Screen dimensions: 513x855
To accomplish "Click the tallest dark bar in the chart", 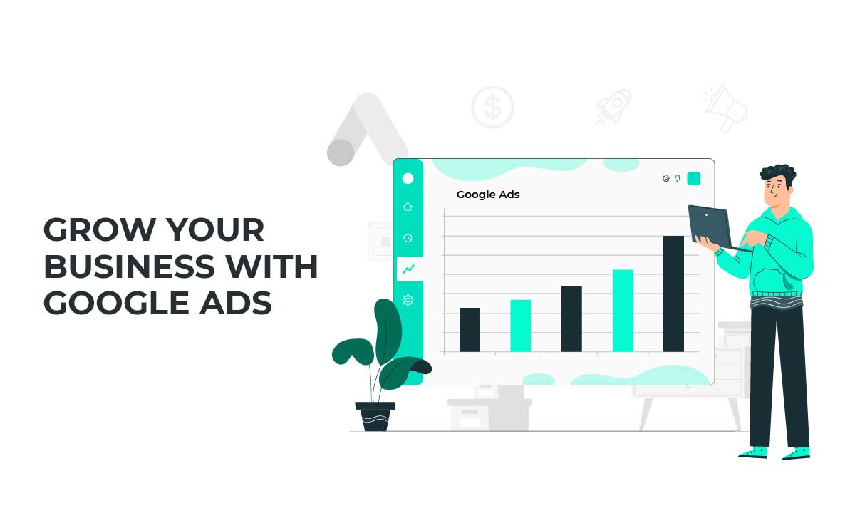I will pyautogui.click(x=673, y=293).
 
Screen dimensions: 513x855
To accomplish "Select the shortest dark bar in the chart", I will pyautogui.click(x=470, y=329).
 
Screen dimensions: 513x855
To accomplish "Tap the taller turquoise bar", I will pyautogui.click(x=623, y=310).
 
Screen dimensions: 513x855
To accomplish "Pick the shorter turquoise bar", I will pyautogui.click(x=520, y=325).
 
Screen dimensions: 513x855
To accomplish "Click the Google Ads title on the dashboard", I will pyautogui.click(x=488, y=195).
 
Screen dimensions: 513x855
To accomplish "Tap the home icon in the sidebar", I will pyautogui.click(x=408, y=207).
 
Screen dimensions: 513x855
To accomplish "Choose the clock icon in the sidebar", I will pyautogui.click(x=408, y=238).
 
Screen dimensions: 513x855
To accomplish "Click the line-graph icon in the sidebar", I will pyautogui.click(x=408, y=269).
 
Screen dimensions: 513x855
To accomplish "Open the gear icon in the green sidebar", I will pyautogui.click(x=408, y=300).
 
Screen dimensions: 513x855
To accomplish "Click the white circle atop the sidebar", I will pyautogui.click(x=408, y=178).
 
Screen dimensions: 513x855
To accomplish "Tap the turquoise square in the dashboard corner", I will pyautogui.click(x=693, y=178).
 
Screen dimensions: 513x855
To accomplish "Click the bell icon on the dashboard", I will pyautogui.click(x=678, y=178).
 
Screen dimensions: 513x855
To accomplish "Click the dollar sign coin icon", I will pyautogui.click(x=492, y=108).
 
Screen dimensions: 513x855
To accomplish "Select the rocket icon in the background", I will pyautogui.click(x=613, y=108).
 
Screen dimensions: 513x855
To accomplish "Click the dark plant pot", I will pyautogui.click(x=375, y=416).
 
